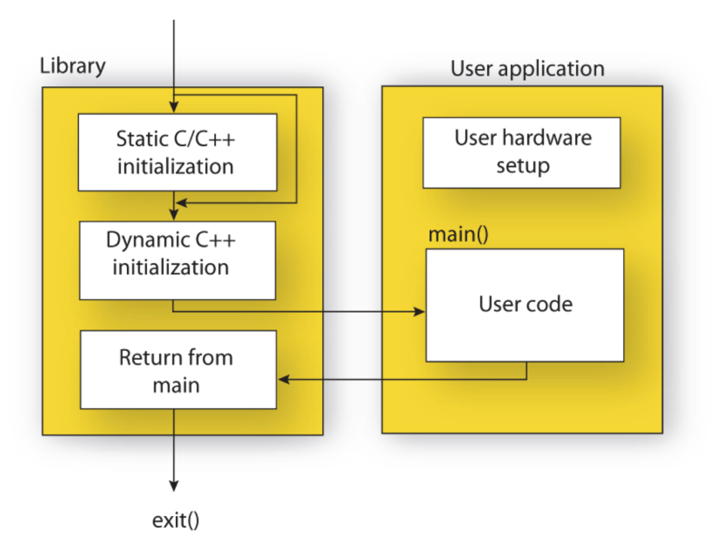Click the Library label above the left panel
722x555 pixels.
tap(73, 66)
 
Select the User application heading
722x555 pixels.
tap(527, 69)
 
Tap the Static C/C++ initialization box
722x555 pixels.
tap(177, 152)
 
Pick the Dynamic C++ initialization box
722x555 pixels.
tap(177, 260)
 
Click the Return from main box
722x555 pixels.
tap(178, 369)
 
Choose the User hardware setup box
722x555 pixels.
tap(521, 152)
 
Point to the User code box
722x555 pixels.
tap(525, 305)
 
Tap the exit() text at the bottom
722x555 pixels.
tap(176, 520)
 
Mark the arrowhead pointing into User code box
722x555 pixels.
tap(420, 312)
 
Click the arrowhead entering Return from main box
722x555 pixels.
tap(283, 379)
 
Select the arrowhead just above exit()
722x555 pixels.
tap(174, 485)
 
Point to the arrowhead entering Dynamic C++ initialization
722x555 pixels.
tap(174, 215)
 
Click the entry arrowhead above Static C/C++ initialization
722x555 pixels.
tap(174, 106)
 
